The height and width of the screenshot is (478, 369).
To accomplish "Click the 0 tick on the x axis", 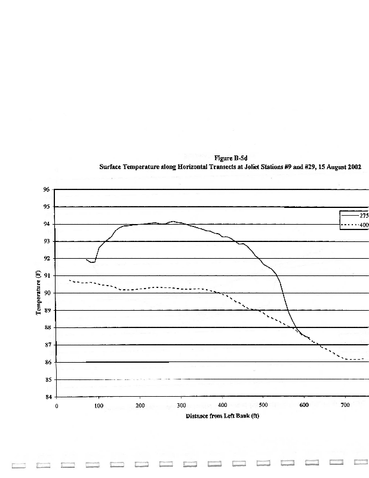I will tap(57, 406).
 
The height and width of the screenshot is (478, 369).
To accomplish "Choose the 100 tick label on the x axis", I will tap(98, 406).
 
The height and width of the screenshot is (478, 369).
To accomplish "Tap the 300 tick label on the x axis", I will tap(180, 406).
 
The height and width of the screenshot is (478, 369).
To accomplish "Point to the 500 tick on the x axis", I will tap(263, 406).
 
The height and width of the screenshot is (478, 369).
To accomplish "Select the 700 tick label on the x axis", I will tap(345, 406).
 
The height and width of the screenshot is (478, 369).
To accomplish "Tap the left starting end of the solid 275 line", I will tap(87, 259).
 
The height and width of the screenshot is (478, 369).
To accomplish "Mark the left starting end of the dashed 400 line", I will tap(70, 280).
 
